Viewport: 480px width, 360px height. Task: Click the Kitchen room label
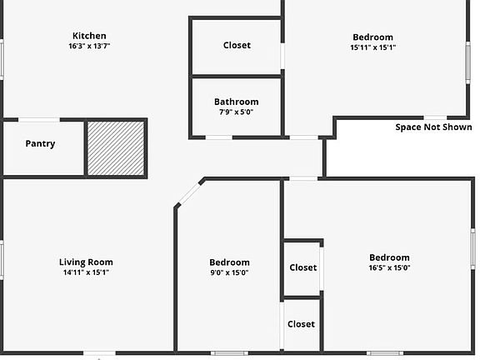point(89,36)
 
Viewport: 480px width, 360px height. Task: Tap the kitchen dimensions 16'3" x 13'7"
point(89,46)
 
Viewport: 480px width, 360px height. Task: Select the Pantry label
point(40,144)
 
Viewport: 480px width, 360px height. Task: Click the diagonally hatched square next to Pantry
point(116,148)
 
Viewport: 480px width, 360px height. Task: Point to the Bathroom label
point(237,102)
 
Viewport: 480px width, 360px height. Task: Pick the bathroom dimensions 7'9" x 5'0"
point(237,112)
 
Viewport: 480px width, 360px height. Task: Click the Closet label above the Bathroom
point(237,45)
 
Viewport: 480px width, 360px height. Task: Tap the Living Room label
point(86,262)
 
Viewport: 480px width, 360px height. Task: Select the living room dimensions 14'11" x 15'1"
point(86,272)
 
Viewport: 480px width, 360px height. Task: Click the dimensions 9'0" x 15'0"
point(229,272)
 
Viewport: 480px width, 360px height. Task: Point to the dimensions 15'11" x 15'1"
point(373,47)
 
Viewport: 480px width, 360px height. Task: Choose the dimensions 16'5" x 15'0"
point(389,267)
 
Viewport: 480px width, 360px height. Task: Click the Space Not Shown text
point(434,127)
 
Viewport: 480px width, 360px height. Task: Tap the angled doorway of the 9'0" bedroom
point(190,194)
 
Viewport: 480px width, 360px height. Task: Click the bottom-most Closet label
point(301,324)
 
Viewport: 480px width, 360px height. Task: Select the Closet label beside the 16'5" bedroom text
point(303,267)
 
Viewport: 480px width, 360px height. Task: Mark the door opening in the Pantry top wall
point(39,120)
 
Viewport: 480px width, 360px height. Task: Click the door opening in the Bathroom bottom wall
point(219,137)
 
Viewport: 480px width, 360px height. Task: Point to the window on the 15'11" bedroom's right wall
point(467,62)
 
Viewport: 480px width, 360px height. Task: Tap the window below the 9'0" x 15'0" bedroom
point(230,353)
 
